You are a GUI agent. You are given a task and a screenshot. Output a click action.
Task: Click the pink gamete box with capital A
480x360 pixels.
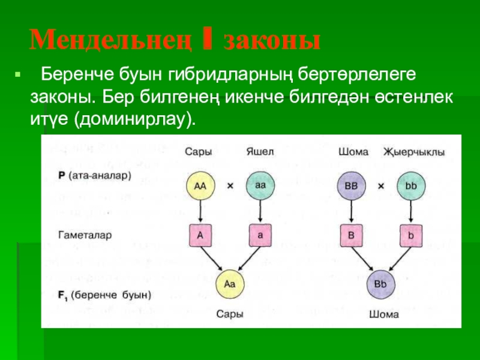click(x=200, y=236)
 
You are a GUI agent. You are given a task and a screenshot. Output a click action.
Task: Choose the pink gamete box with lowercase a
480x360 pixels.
click(x=260, y=236)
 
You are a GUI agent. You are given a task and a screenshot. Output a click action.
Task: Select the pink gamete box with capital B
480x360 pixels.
click(x=351, y=236)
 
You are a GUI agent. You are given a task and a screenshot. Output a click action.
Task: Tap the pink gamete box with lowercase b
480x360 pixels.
click(x=410, y=236)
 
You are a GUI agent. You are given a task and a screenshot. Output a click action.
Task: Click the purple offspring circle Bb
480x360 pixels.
click(x=380, y=283)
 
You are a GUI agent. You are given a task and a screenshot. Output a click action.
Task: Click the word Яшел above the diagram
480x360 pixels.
click(x=260, y=152)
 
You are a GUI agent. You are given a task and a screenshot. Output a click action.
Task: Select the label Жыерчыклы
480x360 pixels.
click(x=414, y=152)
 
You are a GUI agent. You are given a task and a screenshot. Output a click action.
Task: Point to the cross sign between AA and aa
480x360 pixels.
click(x=230, y=186)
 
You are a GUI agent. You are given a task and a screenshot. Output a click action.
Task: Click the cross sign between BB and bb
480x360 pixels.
click(x=380, y=186)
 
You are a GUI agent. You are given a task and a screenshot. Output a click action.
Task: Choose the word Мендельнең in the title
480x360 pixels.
click(x=111, y=40)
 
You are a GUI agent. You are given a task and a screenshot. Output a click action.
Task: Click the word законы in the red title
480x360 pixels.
click(x=271, y=40)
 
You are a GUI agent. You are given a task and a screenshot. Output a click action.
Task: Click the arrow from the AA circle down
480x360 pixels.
click(x=200, y=211)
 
